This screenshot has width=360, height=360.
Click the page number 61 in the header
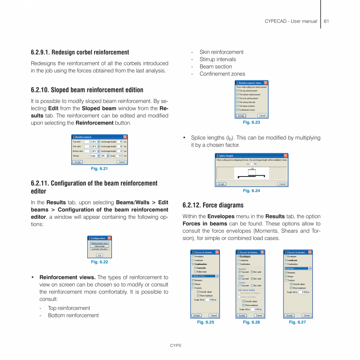326,21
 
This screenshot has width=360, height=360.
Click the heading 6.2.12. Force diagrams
213,205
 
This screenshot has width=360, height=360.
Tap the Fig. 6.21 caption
99,169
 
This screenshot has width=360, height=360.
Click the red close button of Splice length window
286,155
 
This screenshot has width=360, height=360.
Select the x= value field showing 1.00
254,164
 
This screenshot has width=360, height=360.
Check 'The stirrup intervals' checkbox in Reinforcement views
238,102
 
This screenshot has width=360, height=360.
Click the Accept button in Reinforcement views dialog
241,115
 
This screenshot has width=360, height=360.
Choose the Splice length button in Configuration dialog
99,246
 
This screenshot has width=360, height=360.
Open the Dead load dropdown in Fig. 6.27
310,268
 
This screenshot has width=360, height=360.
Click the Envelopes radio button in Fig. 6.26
238,256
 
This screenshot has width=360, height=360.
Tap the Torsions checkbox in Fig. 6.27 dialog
286,280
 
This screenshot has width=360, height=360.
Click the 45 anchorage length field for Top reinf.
121,142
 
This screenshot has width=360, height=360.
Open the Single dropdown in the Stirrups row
95,156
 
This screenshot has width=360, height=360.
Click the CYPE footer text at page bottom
176,346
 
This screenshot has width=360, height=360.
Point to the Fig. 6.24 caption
251,191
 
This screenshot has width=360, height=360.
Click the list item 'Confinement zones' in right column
222,74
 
